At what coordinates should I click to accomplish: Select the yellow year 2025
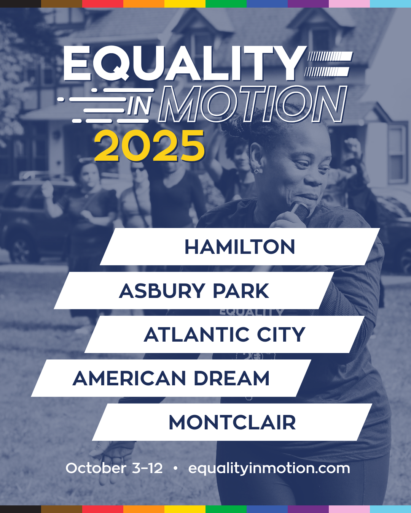click(x=150, y=146)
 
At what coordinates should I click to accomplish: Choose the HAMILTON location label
click(x=240, y=247)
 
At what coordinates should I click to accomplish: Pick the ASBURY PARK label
click(x=194, y=291)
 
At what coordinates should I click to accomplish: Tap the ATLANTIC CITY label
click(x=225, y=334)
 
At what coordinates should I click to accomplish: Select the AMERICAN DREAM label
click(x=171, y=378)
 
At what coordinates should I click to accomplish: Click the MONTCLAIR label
click(x=233, y=423)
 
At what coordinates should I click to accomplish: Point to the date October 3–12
click(x=114, y=468)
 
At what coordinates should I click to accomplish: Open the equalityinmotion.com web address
click(x=269, y=469)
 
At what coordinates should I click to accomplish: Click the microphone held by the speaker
click(x=300, y=210)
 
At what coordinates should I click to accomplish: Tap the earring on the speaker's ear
click(x=256, y=171)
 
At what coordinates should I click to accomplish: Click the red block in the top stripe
click(x=103, y=3)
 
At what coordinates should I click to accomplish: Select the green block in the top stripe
click(x=226, y=3)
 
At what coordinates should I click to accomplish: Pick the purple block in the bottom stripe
click(x=308, y=509)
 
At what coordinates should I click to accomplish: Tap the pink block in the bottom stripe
click(x=349, y=509)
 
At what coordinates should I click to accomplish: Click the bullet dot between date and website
click(x=175, y=469)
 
